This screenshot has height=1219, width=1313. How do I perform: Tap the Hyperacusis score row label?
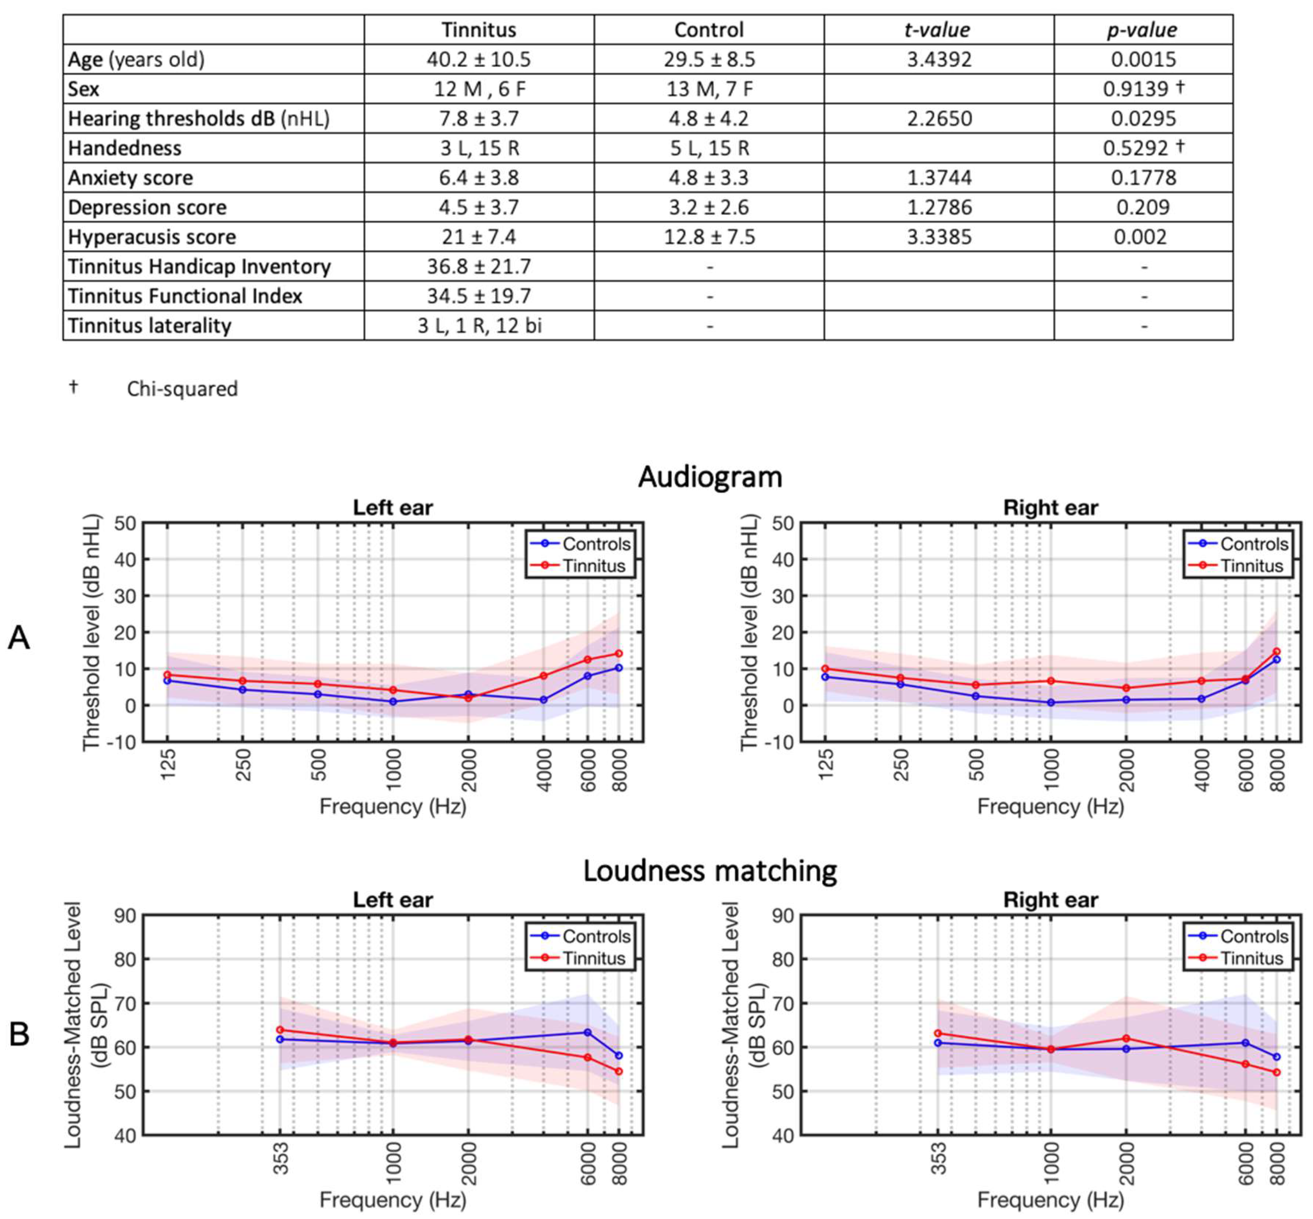pyautogui.click(x=152, y=237)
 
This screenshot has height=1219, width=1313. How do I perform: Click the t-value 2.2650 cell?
pyautogui.click(x=938, y=119)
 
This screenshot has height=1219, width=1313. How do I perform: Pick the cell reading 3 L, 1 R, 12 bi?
pyautogui.click(x=480, y=326)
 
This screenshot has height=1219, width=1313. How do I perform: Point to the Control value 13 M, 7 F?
pyautogui.click(x=709, y=89)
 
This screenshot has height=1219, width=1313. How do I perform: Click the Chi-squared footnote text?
pyautogui.click(x=182, y=389)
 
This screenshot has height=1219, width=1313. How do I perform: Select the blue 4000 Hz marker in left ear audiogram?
pyautogui.click(x=543, y=700)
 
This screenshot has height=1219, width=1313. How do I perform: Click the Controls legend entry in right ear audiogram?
pyautogui.click(x=1253, y=544)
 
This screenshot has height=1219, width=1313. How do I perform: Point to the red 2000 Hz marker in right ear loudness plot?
pyautogui.click(x=1125, y=1038)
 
